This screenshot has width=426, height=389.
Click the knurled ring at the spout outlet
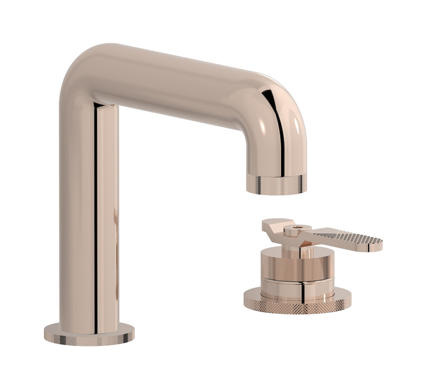[x=276, y=184]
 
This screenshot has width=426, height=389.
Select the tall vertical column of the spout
[x=87, y=217]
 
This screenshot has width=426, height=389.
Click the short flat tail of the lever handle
[x=272, y=225]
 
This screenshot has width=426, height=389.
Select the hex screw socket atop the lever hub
[x=297, y=228]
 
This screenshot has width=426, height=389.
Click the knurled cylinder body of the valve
[x=297, y=267]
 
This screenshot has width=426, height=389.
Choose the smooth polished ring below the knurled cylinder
[x=297, y=287]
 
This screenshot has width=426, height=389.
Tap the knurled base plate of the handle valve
[x=297, y=304]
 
